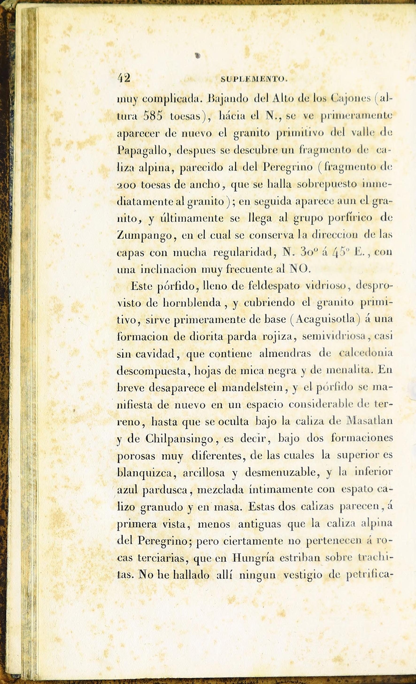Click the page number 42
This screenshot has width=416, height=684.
124,78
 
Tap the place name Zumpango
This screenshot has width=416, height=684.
145,236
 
